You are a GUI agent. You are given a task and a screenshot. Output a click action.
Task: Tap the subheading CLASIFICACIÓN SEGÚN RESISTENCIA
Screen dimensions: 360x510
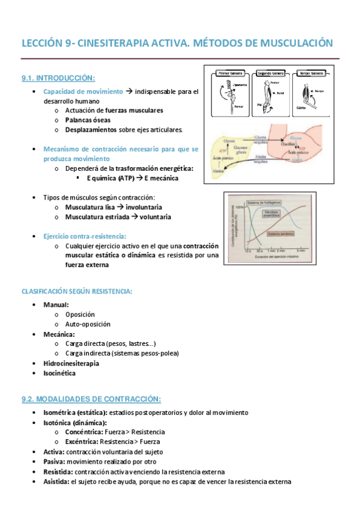pos(76,291)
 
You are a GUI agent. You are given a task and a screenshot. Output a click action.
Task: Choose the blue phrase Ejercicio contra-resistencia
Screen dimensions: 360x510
pos(84,236)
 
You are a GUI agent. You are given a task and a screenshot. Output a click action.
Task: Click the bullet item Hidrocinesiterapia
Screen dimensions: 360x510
pos(71,363)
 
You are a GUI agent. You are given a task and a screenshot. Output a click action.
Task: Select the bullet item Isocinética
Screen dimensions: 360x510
pos(59,373)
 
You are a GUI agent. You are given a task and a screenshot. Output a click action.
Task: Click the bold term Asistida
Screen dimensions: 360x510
pos(56,482)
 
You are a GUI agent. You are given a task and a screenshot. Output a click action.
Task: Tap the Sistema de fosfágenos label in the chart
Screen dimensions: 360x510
pos(268,201)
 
